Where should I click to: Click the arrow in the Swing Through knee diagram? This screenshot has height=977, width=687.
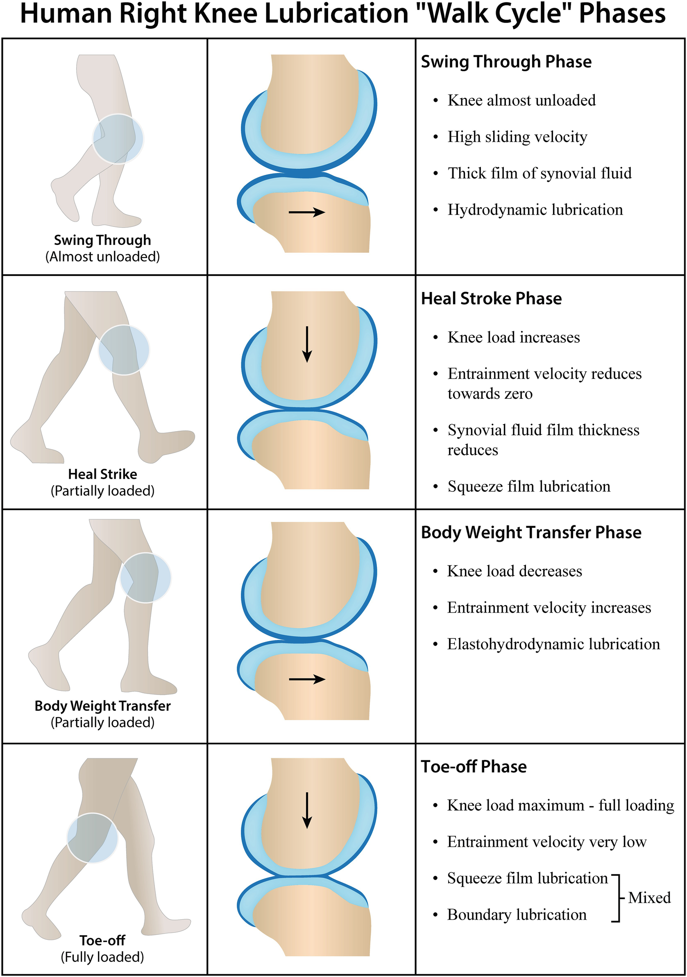click(307, 212)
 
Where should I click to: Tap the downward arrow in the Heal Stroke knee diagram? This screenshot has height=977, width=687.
click(307, 344)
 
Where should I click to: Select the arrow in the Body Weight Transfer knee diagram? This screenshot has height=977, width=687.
click(307, 679)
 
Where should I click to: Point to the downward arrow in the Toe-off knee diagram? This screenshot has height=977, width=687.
click(307, 811)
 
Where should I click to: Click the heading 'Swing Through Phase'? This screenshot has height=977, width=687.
click(506, 62)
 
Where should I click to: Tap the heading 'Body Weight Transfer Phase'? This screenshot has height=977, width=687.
click(531, 532)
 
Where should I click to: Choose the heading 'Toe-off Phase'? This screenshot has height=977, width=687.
click(474, 767)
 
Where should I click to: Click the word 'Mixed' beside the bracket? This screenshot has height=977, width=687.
click(649, 898)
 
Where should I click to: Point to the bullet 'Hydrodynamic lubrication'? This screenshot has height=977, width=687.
click(535, 210)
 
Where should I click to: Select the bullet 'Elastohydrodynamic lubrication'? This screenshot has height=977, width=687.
click(553, 644)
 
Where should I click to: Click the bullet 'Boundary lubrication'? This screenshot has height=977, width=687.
click(517, 914)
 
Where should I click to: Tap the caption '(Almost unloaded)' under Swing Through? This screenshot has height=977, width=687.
click(102, 257)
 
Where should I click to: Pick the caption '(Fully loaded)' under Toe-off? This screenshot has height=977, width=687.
click(102, 957)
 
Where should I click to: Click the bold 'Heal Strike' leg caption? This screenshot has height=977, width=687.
click(102, 474)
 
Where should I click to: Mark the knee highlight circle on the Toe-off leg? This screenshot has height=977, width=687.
click(92, 838)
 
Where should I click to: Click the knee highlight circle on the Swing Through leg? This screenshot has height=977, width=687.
click(118, 139)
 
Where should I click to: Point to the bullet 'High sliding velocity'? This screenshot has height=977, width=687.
click(517, 137)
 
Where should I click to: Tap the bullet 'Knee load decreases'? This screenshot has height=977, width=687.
click(514, 571)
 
